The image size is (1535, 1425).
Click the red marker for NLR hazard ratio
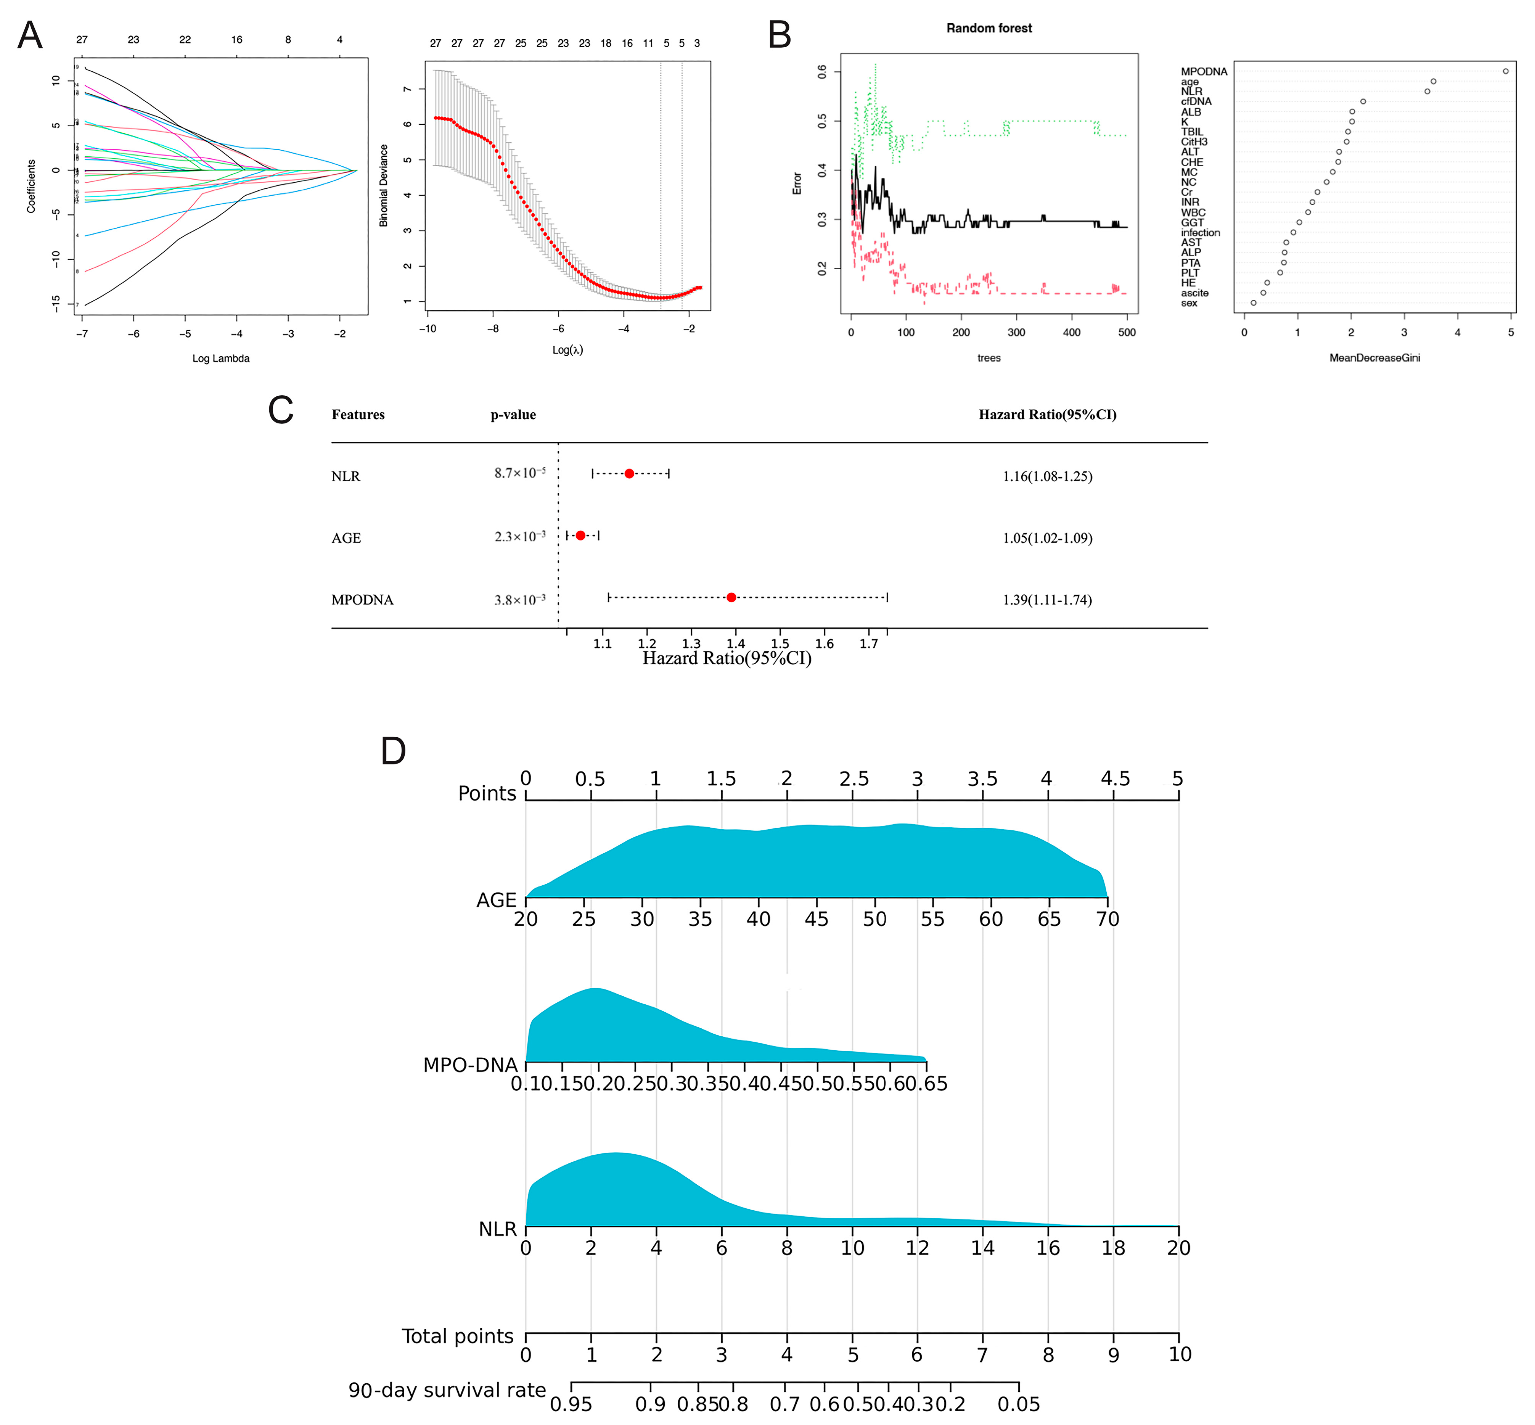(629, 473)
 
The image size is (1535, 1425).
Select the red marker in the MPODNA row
(731, 598)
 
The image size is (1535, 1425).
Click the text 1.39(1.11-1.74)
(1047, 600)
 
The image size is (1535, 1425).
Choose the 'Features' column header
(358, 415)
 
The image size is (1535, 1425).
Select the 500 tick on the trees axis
(1127, 332)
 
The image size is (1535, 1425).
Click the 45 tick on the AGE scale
(817, 919)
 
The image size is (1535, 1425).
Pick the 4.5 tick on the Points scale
(1114, 779)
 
